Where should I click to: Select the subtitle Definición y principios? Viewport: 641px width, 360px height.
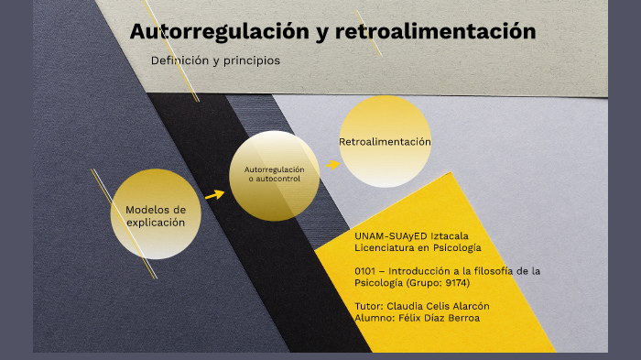pos(215,60)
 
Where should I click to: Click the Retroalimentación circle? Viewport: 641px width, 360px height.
pos(385,142)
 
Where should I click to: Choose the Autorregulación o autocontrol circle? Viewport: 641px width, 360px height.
pos(274,175)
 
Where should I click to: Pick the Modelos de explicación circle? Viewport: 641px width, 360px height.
pos(156,214)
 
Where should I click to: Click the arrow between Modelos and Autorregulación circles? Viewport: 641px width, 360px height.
pos(214,194)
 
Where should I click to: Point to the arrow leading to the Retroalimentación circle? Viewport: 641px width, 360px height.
pos(331,165)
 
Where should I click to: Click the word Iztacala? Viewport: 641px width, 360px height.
pos(456,235)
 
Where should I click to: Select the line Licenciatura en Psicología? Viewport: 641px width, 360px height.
pos(418,247)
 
